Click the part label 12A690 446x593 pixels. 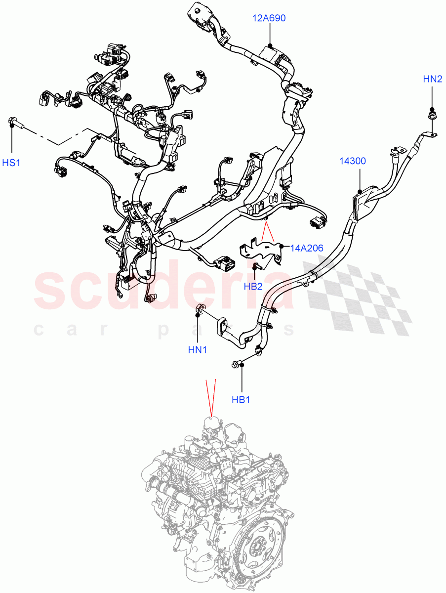click(269, 18)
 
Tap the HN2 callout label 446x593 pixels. click(433, 78)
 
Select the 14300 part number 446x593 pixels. click(352, 161)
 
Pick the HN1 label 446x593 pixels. click(198, 350)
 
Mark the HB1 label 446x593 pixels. click(241, 399)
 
